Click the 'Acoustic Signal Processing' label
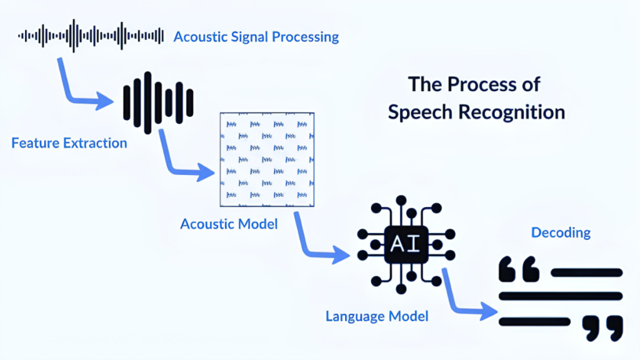pyautogui.click(x=256, y=37)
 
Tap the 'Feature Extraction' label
pyautogui.click(x=69, y=143)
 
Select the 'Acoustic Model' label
pyautogui.click(x=229, y=224)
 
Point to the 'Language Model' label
pyautogui.click(x=377, y=316)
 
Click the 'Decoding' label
pyautogui.click(x=561, y=232)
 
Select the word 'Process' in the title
pyautogui.click(x=475, y=84)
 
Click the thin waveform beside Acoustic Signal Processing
pyautogui.click(x=91, y=36)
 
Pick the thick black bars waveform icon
pyautogui.click(x=158, y=102)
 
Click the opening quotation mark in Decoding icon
pyautogui.click(x=518, y=269)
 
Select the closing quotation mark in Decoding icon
pyautogui.click(x=602, y=327)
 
